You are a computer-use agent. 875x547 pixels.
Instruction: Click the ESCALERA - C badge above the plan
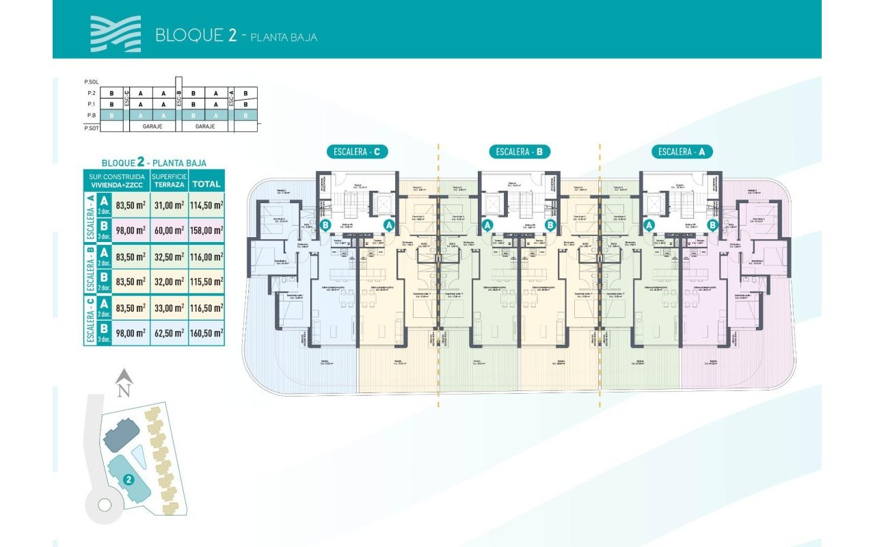coord(358,152)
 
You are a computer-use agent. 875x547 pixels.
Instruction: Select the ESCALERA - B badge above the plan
coord(520,152)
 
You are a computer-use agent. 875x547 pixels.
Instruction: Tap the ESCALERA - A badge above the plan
coord(682,152)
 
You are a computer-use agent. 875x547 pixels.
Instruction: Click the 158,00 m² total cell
coord(206,230)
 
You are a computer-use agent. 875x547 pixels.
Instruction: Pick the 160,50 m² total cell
coord(206,333)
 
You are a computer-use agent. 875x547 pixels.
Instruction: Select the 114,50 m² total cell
coord(206,204)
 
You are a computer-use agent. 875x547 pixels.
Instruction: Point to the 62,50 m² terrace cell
coord(169,333)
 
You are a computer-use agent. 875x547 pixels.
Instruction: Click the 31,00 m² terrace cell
coord(169,204)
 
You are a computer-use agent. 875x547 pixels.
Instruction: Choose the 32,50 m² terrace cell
coord(169,256)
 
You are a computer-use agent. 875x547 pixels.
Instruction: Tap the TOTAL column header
coord(206,183)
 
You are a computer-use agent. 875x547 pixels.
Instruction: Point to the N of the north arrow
coord(123,391)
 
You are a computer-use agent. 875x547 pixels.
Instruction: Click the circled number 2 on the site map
coord(128,480)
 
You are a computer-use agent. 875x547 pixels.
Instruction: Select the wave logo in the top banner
coord(116,34)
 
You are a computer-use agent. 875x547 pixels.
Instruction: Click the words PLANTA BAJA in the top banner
coord(284,37)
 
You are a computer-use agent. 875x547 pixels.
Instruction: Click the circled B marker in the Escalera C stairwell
coord(326,224)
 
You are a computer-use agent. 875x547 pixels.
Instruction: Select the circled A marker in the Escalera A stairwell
coord(649,224)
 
